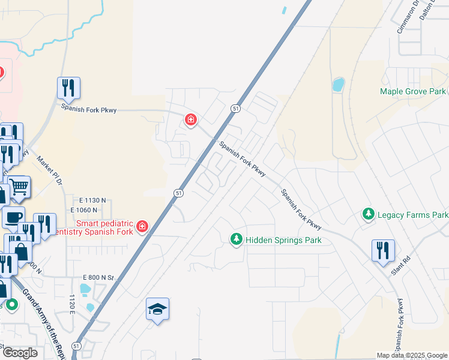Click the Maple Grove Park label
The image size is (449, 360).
point(412,91)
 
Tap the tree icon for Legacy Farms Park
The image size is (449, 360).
point(368,214)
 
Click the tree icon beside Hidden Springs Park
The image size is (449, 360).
point(237,239)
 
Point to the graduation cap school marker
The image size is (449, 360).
point(157,310)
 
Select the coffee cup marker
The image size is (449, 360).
point(13,217)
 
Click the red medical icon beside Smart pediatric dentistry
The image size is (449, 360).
point(142,226)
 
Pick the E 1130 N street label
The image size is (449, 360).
point(92,200)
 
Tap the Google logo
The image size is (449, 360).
point(20,352)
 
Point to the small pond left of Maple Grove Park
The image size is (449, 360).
point(338,84)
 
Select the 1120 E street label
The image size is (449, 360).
point(72,304)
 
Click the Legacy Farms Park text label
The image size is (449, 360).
point(412,214)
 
